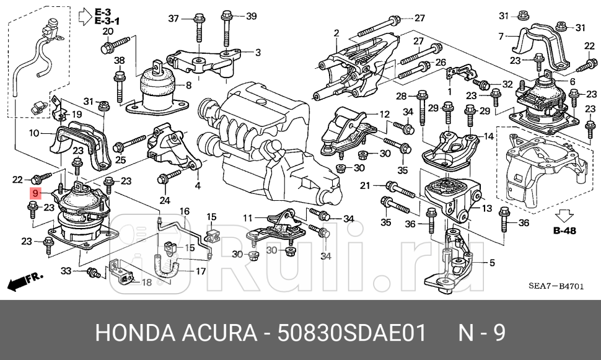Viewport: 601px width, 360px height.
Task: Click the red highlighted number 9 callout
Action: pos(36,193)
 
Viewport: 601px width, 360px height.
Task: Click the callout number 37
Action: pos(174,17)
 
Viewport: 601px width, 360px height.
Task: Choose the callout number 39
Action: pos(251,16)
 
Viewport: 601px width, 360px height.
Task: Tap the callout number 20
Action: pos(108,32)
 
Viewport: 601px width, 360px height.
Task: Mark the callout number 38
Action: pos(119,60)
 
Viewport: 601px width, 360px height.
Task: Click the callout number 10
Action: pos(34,132)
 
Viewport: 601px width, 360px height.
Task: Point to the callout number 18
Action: pos(147,282)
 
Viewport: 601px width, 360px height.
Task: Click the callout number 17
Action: pos(201,271)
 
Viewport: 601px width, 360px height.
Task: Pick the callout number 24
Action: pos(164,200)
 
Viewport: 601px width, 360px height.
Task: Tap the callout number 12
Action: pos(384,114)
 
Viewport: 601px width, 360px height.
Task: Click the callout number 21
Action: pos(365,185)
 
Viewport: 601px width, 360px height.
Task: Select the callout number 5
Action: pos(492,263)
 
